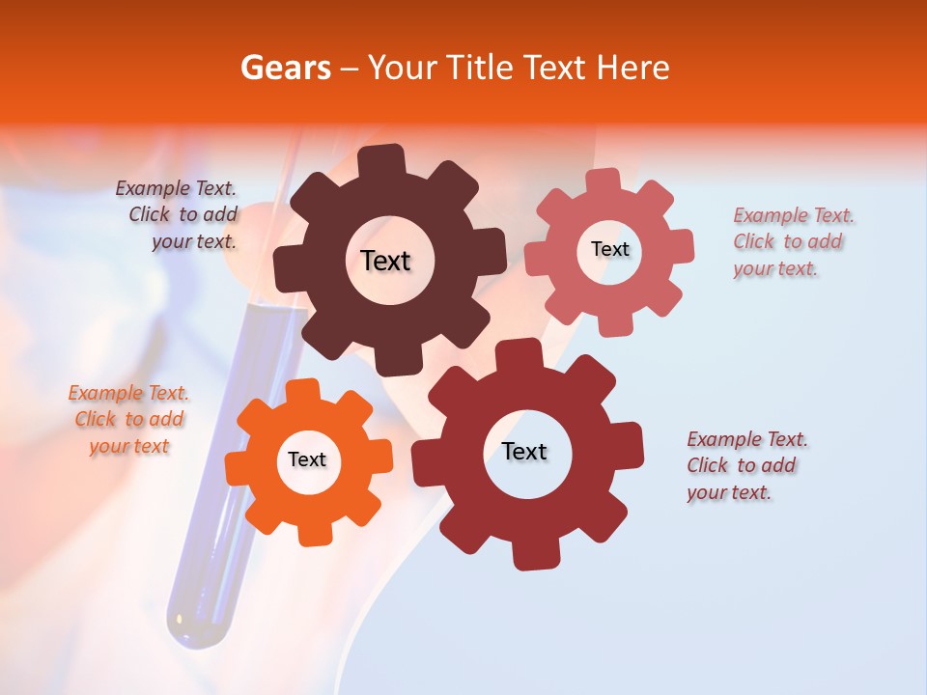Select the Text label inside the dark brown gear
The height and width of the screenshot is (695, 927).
click(x=385, y=261)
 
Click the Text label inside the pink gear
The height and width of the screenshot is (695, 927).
click(x=610, y=249)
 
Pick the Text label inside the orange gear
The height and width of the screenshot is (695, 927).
click(x=307, y=460)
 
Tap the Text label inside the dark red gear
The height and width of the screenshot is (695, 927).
click(x=524, y=452)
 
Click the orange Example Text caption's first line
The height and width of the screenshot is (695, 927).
click(x=128, y=394)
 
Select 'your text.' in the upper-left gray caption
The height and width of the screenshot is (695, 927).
click(x=194, y=241)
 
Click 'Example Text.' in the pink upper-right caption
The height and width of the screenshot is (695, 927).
click(x=794, y=215)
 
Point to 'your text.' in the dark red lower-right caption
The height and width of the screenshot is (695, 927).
click(x=729, y=492)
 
